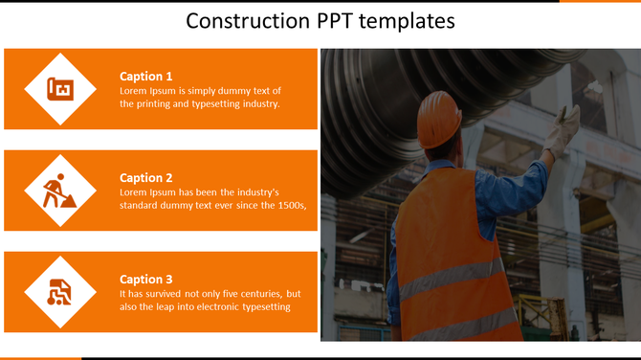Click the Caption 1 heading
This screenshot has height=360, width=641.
pos(145,77)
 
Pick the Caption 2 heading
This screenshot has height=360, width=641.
pos(145,178)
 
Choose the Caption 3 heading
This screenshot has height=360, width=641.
pos(145,280)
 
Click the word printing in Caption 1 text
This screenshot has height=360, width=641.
pos(156,103)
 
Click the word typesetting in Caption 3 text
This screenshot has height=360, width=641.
pos(262,306)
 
